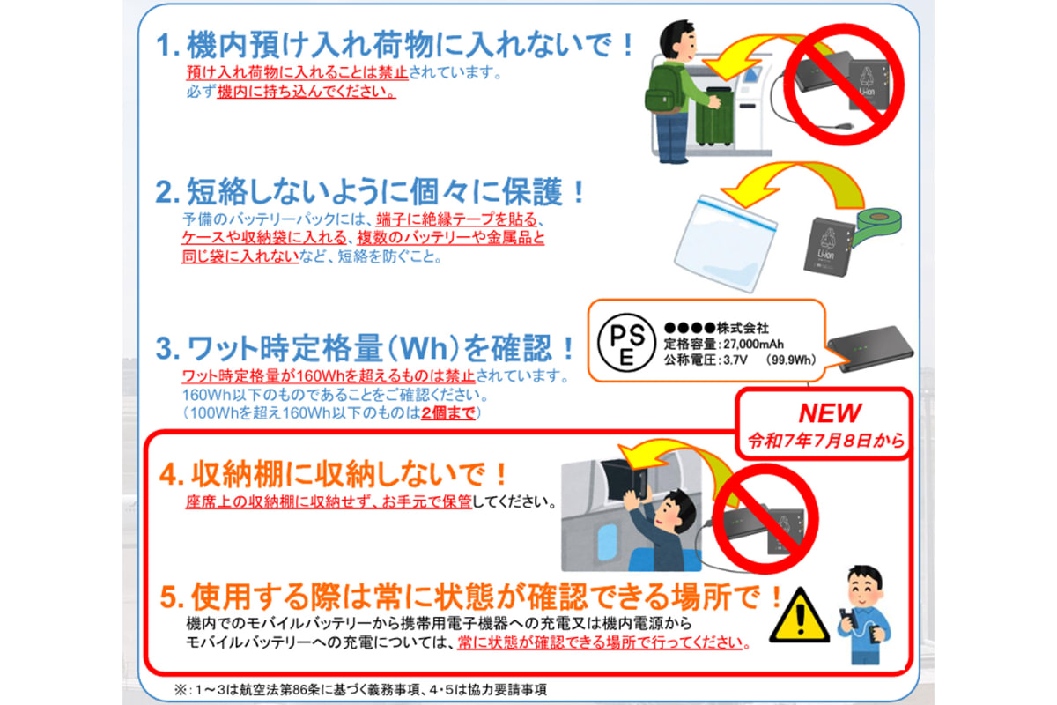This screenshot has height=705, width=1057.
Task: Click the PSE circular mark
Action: pyautogui.click(x=626, y=342)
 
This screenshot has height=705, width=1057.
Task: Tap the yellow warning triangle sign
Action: pyautogui.click(x=800, y=615)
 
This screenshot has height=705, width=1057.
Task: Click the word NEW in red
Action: pyautogui.click(x=830, y=413)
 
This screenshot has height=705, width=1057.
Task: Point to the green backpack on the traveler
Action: pyautogui.click(x=664, y=90)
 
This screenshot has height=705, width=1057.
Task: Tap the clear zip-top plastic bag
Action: pyautogui.click(x=724, y=243)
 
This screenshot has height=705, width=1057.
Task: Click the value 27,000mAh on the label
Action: pyautogui.click(x=754, y=345)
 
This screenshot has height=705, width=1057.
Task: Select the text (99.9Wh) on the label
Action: pyautogui.click(x=791, y=360)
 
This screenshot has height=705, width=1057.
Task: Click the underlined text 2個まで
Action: pyautogui.click(x=447, y=413)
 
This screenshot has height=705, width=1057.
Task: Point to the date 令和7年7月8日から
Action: pyautogui.click(x=826, y=441)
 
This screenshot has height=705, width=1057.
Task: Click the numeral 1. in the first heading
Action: pyautogui.click(x=168, y=45)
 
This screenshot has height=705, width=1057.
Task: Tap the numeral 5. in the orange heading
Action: pyautogui.click(x=172, y=597)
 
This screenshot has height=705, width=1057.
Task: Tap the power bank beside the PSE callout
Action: pyautogui.click(x=870, y=348)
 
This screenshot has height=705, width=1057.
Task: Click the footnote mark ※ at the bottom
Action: pyautogui.click(x=181, y=690)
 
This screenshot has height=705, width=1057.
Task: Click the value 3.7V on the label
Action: pyautogui.click(x=735, y=360)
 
